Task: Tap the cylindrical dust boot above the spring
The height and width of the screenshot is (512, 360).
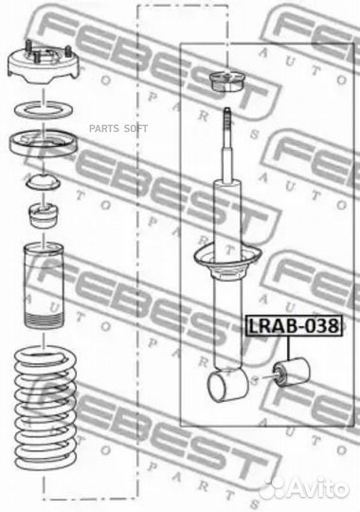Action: point(45,284)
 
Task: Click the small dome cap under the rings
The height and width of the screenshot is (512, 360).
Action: point(45,182)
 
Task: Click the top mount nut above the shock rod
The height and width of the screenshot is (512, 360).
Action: point(225,82)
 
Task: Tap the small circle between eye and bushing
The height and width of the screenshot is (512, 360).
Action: point(259,378)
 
